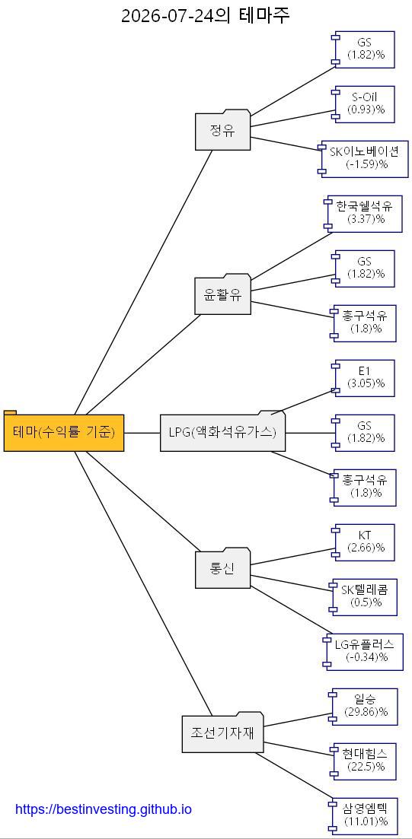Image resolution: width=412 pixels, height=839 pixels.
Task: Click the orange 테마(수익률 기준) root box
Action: coord(64,431)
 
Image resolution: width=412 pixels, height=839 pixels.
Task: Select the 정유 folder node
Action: coord(222,130)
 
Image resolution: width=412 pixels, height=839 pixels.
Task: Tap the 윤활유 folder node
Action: coord(222,294)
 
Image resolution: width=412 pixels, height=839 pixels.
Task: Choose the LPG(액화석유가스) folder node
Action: coord(222,431)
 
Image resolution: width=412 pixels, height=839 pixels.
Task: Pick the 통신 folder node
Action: coord(222,568)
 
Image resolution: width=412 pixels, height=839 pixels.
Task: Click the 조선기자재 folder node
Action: coord(222,733)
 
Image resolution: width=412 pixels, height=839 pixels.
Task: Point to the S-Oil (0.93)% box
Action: coord(363,103)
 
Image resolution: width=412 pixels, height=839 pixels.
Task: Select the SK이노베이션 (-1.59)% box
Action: coord(363,158)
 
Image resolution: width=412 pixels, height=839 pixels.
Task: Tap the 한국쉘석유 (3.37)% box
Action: coord(363,214)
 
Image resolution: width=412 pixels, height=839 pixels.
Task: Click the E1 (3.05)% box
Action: coord(363,378)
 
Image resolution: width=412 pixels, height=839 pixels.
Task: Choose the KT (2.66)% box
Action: coord(363,542)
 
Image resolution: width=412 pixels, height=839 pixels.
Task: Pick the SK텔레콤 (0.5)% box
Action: coord(363,596)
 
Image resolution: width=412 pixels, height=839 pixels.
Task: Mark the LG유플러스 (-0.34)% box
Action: coord(363,652)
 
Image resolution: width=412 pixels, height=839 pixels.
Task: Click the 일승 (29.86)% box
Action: coord(363,707)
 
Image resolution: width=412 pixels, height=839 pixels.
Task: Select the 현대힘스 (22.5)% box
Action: coord(363,761)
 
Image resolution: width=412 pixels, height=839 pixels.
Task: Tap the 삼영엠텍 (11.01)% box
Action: coord(363,816)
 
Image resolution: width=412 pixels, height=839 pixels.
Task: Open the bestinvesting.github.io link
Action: coord(104,809)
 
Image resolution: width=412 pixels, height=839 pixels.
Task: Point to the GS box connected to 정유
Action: coord(363,49)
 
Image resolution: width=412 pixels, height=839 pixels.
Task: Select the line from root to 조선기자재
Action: coord(144,583)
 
